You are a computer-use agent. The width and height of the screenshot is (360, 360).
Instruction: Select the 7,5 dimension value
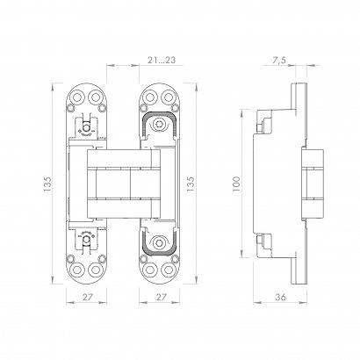click(278, 59)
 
